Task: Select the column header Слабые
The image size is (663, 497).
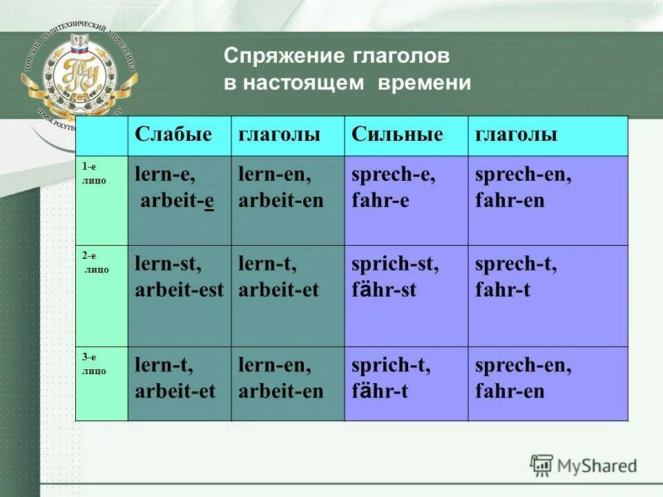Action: (173, 135)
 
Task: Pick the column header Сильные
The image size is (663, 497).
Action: (397, 135)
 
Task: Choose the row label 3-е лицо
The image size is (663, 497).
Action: (93, 364)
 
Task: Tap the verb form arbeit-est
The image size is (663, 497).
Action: (180, 289)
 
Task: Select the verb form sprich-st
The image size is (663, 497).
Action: (394, 264)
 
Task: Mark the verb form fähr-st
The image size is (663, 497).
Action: (384, 289)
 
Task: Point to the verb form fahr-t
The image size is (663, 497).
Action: (503, 289)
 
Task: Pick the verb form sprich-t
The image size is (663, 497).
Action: (391, 366)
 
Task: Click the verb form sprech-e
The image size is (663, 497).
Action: (393, 175)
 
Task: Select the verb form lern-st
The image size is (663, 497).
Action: (168, 264)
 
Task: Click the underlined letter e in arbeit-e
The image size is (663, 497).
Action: (208, 201)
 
